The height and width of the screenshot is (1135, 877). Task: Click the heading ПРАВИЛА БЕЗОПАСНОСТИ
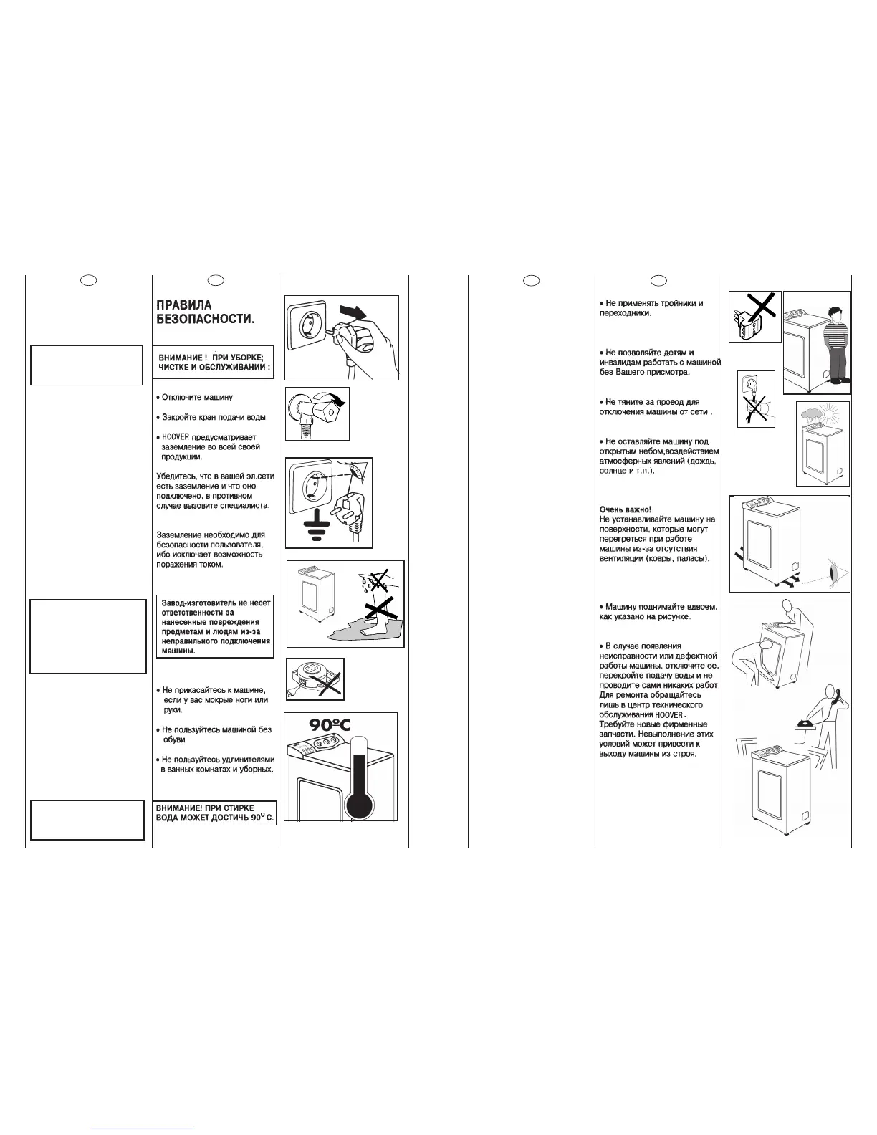[x=205, y=312]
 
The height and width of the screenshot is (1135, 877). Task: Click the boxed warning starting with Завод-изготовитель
[x=216, y=628]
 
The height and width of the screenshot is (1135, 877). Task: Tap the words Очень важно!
[x=626, y=509]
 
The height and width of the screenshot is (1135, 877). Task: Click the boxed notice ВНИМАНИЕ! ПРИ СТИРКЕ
[x=215, y=813]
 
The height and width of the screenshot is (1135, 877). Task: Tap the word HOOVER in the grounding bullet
[x=176, y=436]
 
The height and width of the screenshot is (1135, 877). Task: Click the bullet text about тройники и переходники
[x=651, y=308]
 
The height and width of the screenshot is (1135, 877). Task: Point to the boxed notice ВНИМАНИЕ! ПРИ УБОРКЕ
[x=214, y=362]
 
